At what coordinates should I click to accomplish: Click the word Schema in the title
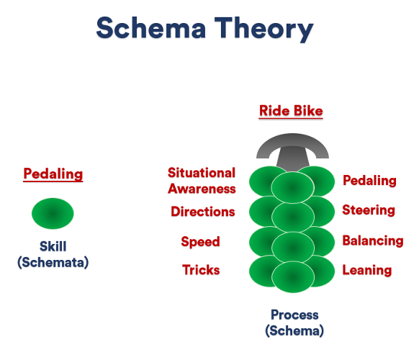coord(151,28)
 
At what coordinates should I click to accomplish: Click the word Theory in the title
coord(264,30)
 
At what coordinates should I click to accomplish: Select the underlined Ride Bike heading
coord(291,111)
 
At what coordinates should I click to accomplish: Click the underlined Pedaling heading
coord(53,174)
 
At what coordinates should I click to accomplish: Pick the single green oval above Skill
coord(53,214)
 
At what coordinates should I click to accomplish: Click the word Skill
coord(53,246)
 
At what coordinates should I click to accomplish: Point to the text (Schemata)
coord(53,262)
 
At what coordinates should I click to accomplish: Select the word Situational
coord(202,173)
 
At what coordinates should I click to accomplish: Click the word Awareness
coord(202,189)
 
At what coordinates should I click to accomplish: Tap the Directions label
coord(203,212)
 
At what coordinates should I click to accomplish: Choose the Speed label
coord(200,242)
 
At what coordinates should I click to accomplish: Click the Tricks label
coord(201,270)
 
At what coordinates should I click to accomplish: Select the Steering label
coord(369,210)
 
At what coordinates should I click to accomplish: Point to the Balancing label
coord(373,240)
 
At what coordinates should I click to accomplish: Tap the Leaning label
coord(367,270)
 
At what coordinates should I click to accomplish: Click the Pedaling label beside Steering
coord(369,181)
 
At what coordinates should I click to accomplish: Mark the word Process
coord(294,315)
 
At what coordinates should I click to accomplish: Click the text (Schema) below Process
coord(294,331)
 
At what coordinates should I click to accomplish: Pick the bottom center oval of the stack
coord(293,277)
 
